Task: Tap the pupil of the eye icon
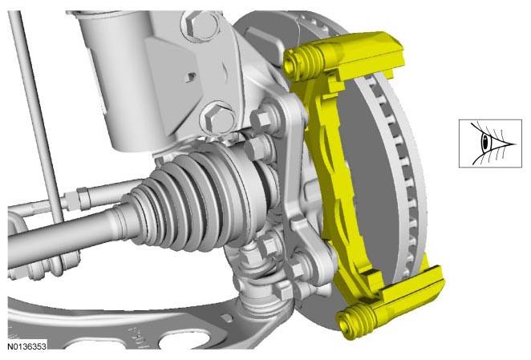(x=486, y=143)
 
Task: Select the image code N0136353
(x=26, y=346)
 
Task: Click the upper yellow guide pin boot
(x=304, y=60)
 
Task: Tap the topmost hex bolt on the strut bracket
(x=200, y=24)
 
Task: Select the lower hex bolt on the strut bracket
(x=217, y=118)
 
